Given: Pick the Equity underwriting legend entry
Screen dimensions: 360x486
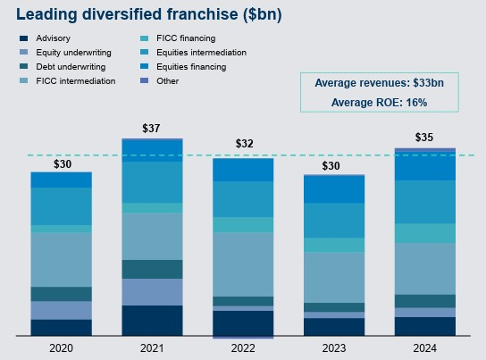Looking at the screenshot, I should pyautogui.click(x=67, y=53).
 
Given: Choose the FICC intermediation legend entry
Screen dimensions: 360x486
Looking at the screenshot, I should pyautogui.click(x=70, y=81).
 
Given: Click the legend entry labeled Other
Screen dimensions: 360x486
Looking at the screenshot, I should pyautogui.click(x=166, y=81).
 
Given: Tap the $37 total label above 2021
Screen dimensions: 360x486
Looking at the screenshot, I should pyautogui.click(x=152, y=129).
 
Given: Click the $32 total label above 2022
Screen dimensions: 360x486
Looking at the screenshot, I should pyautogui.click(x=244, y=144).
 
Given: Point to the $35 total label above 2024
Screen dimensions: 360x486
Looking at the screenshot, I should pyautogui.click(x=425, y=138).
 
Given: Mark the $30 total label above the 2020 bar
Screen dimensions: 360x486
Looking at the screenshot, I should pyautogui.click(x=62, y=164).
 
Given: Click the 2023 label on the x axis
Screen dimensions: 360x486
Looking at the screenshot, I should pyautogui.click(x=334, y=348).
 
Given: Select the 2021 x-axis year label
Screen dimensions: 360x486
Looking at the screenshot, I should pyautogui.click(x=152, y=348).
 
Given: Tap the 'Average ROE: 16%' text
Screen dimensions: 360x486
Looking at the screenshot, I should pyautogui.click(x=391, y=103).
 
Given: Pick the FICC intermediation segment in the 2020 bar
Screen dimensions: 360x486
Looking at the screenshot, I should pyautogui.click(x=62, y=259).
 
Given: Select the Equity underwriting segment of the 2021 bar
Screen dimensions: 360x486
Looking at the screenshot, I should pyautogui.click(x=152, y=291).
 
